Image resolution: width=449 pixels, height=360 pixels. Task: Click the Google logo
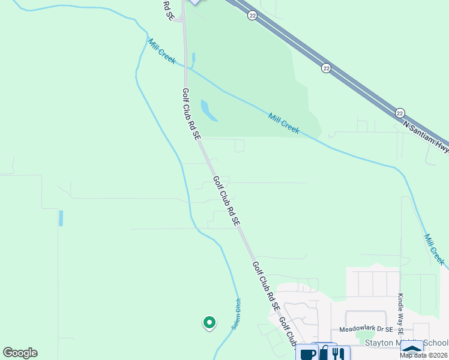tap(20, 353)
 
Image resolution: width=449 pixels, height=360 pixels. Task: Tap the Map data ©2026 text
tap(423, 355)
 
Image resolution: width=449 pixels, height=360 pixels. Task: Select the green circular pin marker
tap(209, 323)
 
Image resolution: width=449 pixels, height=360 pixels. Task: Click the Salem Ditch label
tap(236, 314)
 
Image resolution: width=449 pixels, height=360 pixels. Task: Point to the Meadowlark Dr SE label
tap(366, 329)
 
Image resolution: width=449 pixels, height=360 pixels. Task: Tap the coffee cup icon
tap(307, 354)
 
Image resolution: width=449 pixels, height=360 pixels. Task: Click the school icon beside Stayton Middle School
tap(412, 350)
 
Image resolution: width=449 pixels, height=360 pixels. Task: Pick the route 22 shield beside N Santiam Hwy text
tap(400, 112)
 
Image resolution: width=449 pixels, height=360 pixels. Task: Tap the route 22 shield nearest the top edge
tap(252, 16)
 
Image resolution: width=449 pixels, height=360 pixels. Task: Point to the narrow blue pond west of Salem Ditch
tap(61, 218)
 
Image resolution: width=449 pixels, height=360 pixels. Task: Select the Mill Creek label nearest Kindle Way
tap(434, 250)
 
